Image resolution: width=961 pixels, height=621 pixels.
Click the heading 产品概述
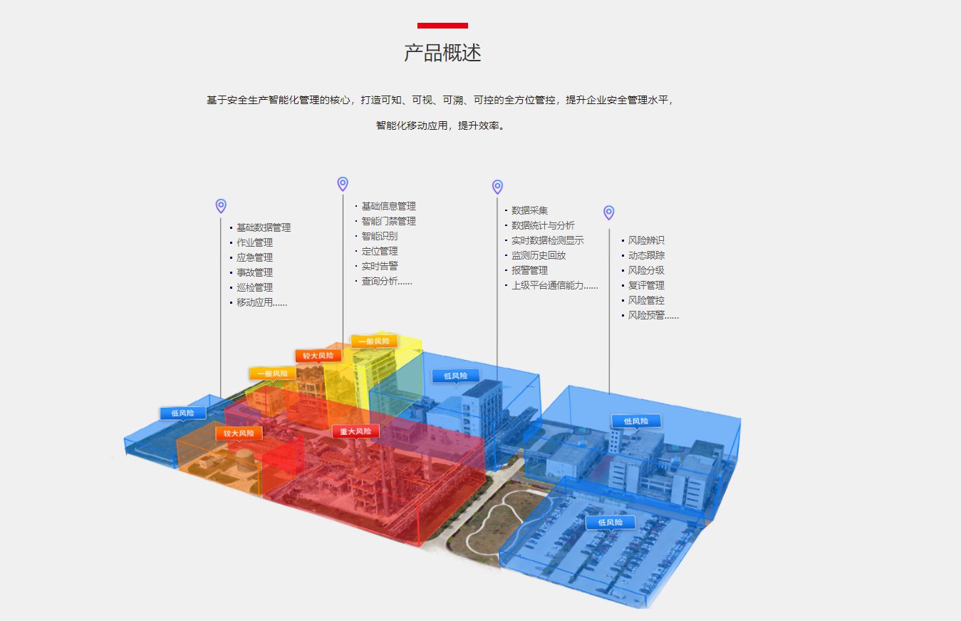(442, 53)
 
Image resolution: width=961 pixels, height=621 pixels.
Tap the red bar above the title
(442, 26)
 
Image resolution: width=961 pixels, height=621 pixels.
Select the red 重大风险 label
(355, 431)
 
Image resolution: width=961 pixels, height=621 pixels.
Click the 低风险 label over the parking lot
(610, 523)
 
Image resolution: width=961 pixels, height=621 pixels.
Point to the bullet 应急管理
(254, 257)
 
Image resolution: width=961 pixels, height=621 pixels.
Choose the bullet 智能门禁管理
(388, 221)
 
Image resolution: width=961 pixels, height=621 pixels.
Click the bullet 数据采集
(529, 210)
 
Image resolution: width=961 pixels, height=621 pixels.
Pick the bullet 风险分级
(646, 270)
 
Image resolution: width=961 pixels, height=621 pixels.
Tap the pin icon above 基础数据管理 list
(221, 206)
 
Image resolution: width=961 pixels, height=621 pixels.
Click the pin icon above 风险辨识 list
(608, 212)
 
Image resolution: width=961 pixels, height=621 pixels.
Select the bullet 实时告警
(380, 266)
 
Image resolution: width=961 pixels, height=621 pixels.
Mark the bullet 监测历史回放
(539, 255)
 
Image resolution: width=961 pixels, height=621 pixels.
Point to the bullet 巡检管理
(254, 287)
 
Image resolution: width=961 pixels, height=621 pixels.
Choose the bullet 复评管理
(646, 285)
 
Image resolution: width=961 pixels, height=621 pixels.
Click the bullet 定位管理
(380, 251)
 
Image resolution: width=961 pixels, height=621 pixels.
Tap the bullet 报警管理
(529, 270)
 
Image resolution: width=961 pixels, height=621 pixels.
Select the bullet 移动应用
(261, 302)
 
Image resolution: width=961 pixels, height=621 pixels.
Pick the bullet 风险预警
(653, 315)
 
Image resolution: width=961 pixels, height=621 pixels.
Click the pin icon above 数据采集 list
(497, 187)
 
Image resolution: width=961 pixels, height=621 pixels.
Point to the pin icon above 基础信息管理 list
(343, 184)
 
